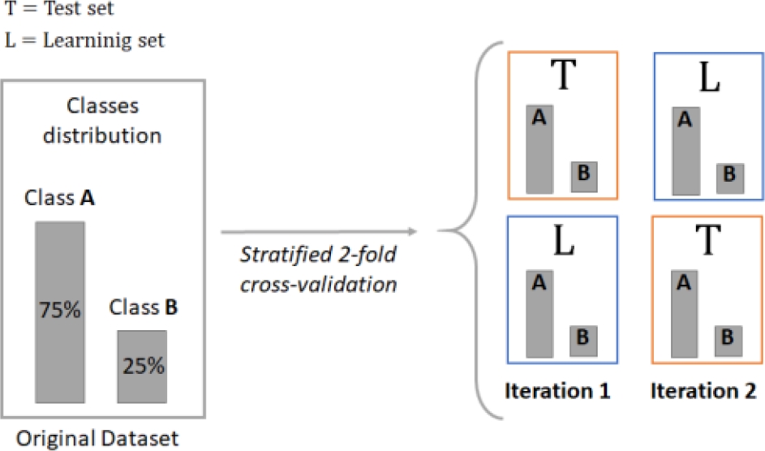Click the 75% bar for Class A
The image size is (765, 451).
click(59, 311)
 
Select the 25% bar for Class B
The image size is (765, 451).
click(142, 366)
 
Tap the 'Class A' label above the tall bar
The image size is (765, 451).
click(59, 198)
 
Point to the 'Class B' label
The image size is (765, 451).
click(144, 308)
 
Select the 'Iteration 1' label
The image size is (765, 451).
click(557, 391)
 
